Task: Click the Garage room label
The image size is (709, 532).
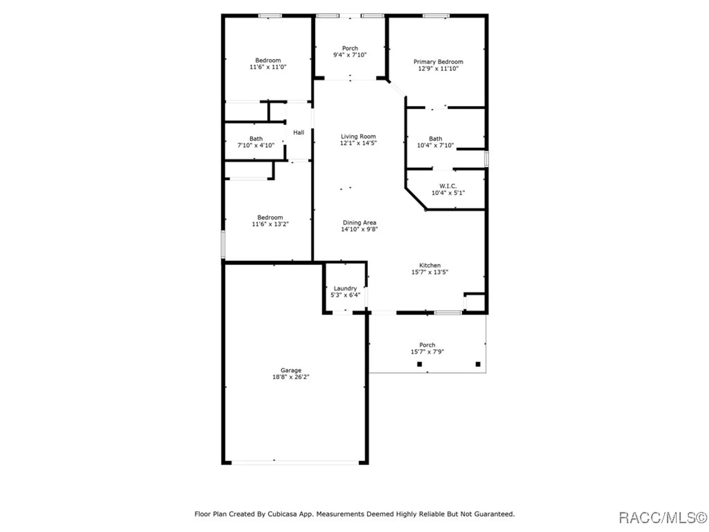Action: click(x=291, y=370)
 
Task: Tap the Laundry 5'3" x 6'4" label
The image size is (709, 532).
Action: click(x=345, y=292)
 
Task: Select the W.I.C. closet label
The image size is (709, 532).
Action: click(x=448, y=186)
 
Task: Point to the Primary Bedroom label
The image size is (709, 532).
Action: click(x=438, y=62)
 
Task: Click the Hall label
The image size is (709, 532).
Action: click(x=298, y=132)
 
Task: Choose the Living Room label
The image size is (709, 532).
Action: click(x=358, y=137)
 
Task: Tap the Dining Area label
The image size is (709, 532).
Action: click(x=359, y=223)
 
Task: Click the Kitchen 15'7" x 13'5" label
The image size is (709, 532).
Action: click(x=430, y=269)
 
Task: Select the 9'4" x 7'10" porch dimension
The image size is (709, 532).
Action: click(x=350, y=55)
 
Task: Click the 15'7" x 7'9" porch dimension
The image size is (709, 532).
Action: click(x=427, y=352)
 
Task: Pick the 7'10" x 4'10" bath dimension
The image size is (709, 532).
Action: click(x=256, y=145)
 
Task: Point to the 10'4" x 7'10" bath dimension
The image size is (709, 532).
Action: click(x=435, y=145)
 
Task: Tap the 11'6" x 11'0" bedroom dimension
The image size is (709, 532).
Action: click(x=268, y=67)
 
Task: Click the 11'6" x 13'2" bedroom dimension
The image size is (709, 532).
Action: click(x=270, y=224)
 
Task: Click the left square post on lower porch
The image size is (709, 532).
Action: click(x=419, y=364)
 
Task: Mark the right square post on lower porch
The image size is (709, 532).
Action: click(x=478, y=364)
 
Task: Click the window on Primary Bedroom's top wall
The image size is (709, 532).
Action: click(x=436, y=16)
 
